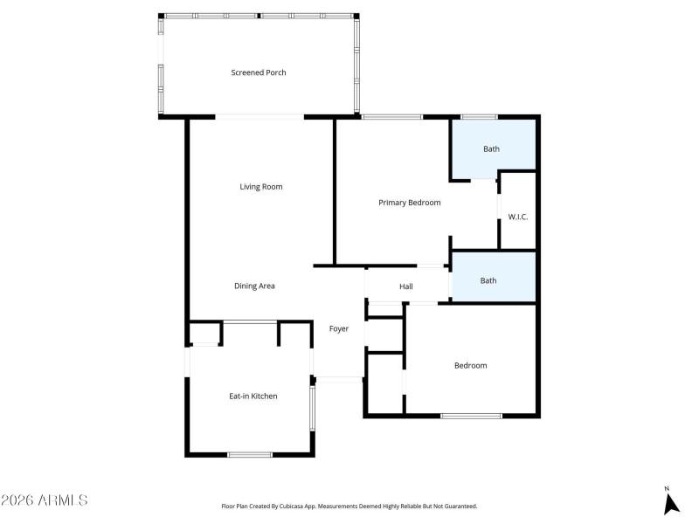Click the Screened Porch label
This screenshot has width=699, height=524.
[x=258, y=72]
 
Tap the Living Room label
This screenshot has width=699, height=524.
[x=261, y=187]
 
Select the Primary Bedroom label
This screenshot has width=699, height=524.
[x=409, y=203]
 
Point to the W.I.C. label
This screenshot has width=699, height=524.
[x=518, y=217]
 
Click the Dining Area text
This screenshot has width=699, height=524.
[x=254, y=286]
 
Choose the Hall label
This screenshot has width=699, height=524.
[x=406, y=286]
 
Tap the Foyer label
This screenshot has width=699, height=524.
[x=339, y=329]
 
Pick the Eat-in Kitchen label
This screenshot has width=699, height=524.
[x=253, y=396]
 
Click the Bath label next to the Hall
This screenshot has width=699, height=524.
[x=488, y=280]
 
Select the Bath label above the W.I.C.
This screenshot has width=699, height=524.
[x=492, y=148]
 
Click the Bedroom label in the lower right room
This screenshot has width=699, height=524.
[x=470, y=365]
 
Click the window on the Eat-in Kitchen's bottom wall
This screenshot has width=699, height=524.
[x=250, y=454]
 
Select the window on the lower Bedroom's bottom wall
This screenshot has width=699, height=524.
[x=471, y=416]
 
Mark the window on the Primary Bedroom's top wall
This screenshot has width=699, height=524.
[x=392, y=117]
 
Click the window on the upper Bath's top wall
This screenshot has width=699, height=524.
[x=479, y=117]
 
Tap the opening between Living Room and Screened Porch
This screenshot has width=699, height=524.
[x=260, y=117]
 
